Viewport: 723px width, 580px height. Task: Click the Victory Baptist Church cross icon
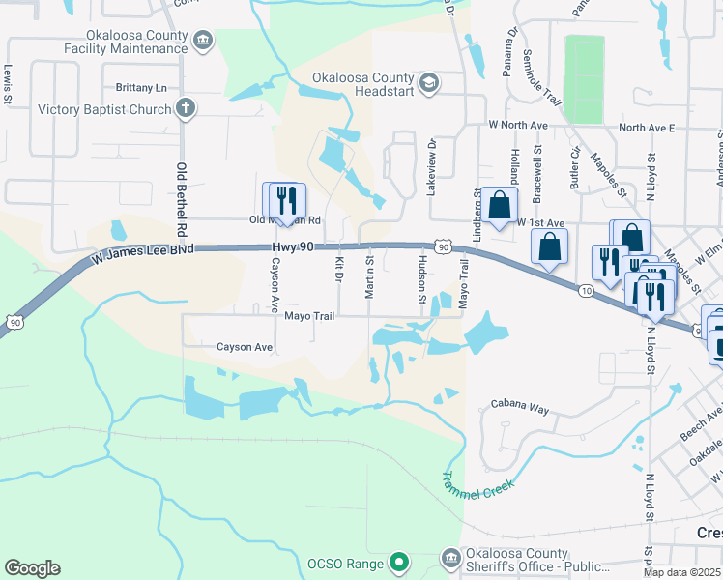coord(186,109)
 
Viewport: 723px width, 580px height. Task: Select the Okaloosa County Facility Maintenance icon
coord(203,41)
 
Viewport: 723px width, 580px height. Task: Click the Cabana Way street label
coord(520,408)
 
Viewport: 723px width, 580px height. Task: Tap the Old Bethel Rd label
coord(181,199)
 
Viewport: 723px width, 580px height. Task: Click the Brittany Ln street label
coord(141,87)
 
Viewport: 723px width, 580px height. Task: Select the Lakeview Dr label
coord(432,166)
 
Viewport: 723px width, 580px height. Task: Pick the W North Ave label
coord(518,126)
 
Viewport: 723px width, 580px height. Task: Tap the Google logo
coord(32,568)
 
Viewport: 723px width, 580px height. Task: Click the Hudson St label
coord(422,280)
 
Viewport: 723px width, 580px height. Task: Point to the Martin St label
coord(369,278)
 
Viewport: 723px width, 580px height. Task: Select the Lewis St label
coord(8,84)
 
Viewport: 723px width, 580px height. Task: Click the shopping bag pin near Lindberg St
coord(499,205)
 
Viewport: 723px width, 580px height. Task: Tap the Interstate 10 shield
coord(587,290)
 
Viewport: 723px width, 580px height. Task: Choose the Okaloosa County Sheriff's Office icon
coord(450,558)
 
